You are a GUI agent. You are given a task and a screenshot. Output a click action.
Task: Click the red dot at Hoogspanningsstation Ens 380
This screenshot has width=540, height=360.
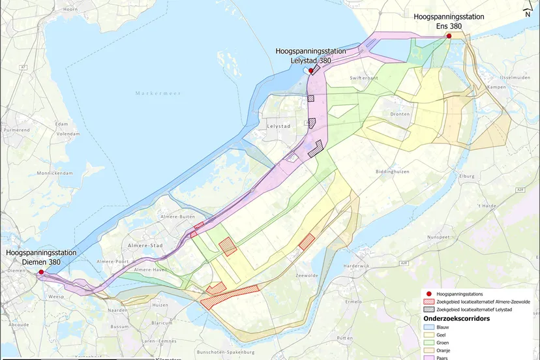pos(449,36)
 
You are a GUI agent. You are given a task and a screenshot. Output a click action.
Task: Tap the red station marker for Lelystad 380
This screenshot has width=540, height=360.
pos(311,70)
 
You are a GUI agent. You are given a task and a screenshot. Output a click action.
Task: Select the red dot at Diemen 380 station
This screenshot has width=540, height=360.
pos(41,272)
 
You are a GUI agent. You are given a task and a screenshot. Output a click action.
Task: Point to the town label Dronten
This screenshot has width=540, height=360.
pos(400,114)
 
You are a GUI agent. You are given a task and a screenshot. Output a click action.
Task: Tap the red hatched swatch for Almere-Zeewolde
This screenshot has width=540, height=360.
pos(428,302)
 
